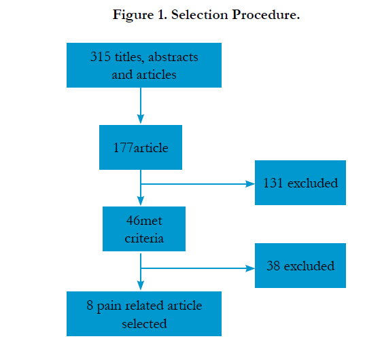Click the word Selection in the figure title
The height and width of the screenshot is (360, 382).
200,15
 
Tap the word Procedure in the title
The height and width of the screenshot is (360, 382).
264,15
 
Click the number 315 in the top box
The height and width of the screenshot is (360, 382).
101,56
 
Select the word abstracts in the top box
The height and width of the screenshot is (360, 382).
173,57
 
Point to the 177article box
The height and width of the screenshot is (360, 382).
141,147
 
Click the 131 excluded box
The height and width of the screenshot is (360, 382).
300,183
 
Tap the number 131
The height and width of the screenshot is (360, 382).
273,183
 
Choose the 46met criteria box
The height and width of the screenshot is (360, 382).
144,229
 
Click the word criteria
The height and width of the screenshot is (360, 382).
144,238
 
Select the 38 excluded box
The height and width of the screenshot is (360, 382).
300,266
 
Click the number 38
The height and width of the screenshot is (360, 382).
273,266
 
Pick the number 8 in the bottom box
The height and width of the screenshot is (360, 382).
90,305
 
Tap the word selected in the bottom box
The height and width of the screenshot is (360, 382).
144,324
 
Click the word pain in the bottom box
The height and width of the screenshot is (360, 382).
109,306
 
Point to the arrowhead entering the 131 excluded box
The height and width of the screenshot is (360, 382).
250,184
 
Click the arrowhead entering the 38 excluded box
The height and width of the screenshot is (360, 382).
250,268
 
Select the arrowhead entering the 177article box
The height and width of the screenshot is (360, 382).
141,119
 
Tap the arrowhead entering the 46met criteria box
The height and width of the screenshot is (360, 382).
141,200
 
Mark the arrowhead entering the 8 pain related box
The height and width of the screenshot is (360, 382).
141,285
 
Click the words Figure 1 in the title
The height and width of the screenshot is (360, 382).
140,15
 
